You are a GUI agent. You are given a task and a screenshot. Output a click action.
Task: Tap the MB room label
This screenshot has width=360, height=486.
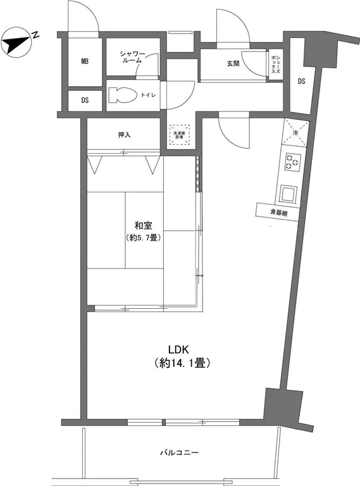click(84, 62)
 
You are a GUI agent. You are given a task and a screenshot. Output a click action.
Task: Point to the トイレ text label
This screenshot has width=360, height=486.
click(149, 96)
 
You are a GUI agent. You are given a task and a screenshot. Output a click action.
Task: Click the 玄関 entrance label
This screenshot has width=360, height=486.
click(233, 64)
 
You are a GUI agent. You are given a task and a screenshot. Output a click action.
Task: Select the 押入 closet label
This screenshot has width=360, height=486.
click(125, 135)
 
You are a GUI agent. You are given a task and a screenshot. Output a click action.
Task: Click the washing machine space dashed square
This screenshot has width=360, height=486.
click(178, 134)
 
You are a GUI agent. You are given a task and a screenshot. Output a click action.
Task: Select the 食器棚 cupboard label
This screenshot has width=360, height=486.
click(278, 213)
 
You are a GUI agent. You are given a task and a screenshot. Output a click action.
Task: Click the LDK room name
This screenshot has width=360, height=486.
click(179, 349)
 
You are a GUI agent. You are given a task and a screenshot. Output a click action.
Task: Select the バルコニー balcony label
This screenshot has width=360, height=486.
click(179, 453)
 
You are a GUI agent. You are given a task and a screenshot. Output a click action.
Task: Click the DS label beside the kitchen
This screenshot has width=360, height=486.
click(302, 80)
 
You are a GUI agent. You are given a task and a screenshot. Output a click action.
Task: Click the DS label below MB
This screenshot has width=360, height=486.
click(85, 101)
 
